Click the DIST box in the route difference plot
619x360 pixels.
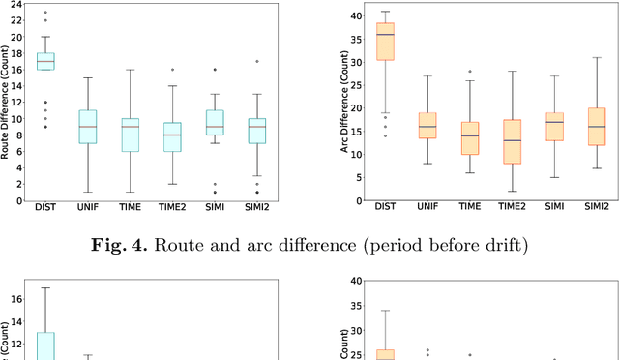pos(45,61)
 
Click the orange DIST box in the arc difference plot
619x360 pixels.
pos(385,55)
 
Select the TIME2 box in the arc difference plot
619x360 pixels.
pos(513,141)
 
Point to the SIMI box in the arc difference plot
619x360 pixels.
pos(555,126)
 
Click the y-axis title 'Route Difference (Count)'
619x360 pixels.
pos(8,104)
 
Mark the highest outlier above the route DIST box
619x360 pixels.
pos(45,12)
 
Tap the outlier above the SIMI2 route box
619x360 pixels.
pos(256,61)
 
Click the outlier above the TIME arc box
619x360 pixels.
pos(470,72)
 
